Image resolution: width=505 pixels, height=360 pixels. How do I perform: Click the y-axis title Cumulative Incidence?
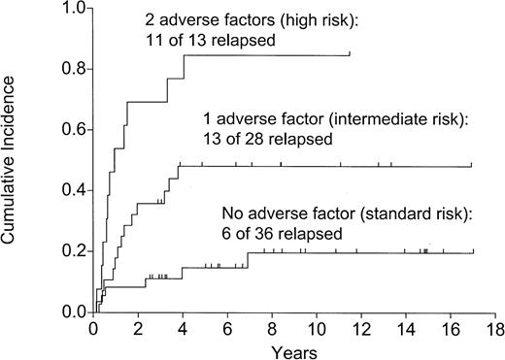14,161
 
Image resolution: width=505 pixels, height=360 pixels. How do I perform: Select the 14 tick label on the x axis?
406,328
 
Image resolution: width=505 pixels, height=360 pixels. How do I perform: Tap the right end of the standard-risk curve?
473,253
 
